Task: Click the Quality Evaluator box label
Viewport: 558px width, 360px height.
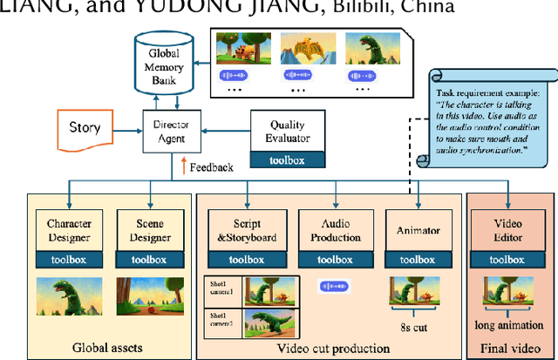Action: [x=287, y=129]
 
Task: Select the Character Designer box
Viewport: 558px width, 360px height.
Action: [x=69, y=230]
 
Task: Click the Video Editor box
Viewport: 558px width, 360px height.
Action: [x=507, y=231]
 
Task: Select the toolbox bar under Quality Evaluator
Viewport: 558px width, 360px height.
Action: [x=288, y=160]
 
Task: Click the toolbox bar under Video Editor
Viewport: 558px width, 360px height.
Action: [x=507, y=260]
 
